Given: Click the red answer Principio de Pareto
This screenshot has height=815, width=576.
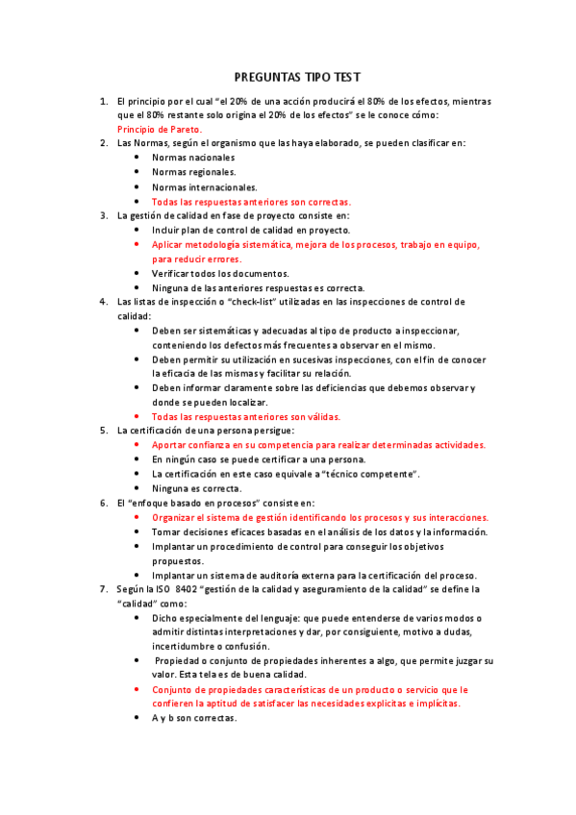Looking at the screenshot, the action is tap(160, 129).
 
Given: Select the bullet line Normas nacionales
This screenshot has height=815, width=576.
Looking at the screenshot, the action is tap(193, 158).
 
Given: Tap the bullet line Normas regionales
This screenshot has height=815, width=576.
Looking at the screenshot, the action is tap(194, 172).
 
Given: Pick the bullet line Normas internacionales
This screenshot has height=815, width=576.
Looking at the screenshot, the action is tap(204, 187).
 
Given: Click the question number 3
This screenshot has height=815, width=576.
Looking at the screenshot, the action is tap(104, 216).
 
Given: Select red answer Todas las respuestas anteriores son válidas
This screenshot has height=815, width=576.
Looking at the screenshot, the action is tap(246, 417).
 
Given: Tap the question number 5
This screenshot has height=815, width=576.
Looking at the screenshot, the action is tap(104, 431).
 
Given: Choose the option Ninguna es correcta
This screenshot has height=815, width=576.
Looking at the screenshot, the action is tap(197, 488).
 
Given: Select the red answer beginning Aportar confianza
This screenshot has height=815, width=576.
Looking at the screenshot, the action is tap(318, 445).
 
